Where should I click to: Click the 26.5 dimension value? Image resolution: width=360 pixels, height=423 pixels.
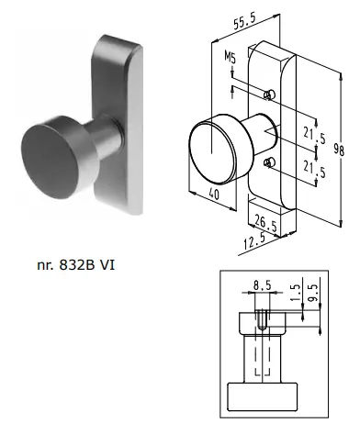(266, 224)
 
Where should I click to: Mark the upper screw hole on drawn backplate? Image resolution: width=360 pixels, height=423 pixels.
(267, 95)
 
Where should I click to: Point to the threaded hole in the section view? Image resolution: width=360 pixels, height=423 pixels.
(262, 320)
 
